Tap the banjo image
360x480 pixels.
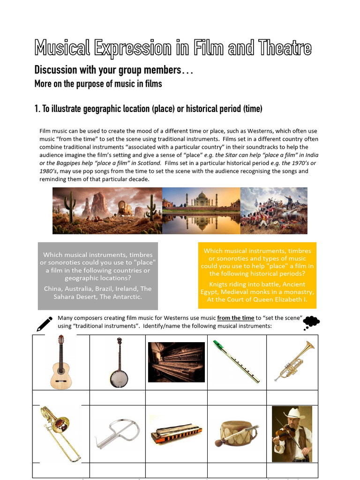coord(117,362)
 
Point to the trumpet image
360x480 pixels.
coord(294,360)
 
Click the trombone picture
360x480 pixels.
coord(60,433)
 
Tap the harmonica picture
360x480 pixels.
coord(176,434)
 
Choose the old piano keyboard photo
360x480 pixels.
coord(176,362)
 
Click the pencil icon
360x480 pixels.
coord(44,323)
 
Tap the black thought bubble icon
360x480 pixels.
coord(311,322)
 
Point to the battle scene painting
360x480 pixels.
coord(274,210)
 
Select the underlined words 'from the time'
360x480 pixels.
coord(235,318)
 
